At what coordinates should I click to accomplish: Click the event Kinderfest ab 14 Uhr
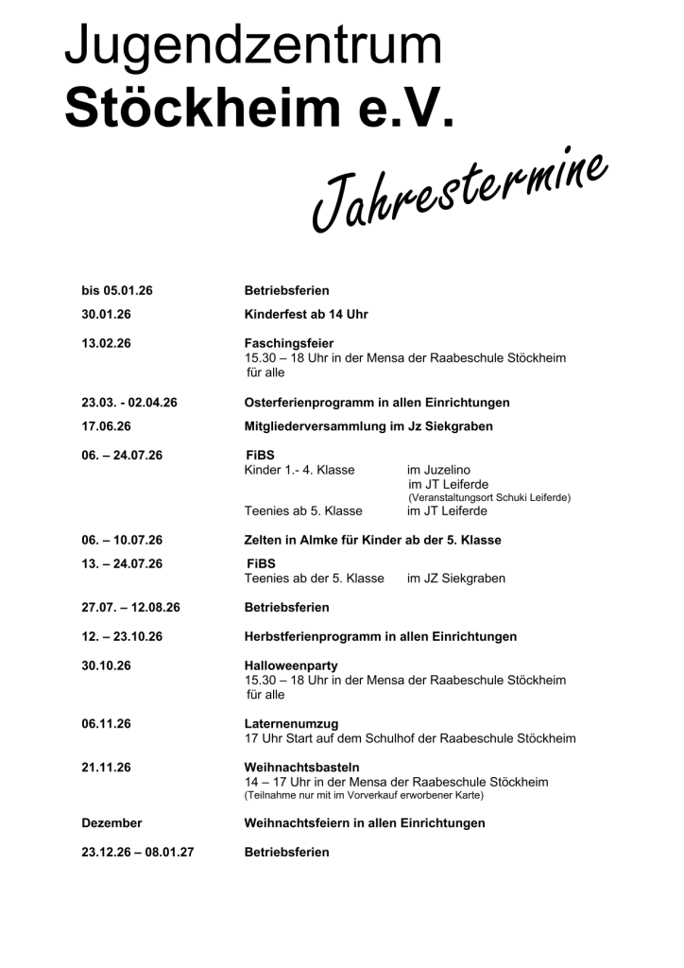(306, 314)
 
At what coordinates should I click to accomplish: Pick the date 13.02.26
(106, 342)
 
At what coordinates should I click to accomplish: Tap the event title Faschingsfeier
(289, 342)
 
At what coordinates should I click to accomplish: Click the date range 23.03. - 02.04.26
(129, 403)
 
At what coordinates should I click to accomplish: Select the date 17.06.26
(106, 426)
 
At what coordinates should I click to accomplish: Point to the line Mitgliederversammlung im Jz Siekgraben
(368, 426)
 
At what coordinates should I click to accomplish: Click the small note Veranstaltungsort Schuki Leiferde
(489, 498)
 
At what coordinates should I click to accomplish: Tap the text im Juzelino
(438, 470)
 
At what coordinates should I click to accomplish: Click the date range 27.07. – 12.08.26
(130, 607)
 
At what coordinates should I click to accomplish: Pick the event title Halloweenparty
(291, 665)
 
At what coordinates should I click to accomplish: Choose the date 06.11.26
(106, 723)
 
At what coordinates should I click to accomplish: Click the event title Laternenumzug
(291, 723)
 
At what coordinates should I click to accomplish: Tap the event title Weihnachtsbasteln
(301, 767)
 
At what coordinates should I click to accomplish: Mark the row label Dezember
(111, 823)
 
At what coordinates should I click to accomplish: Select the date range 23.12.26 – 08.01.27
(138, 852)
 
